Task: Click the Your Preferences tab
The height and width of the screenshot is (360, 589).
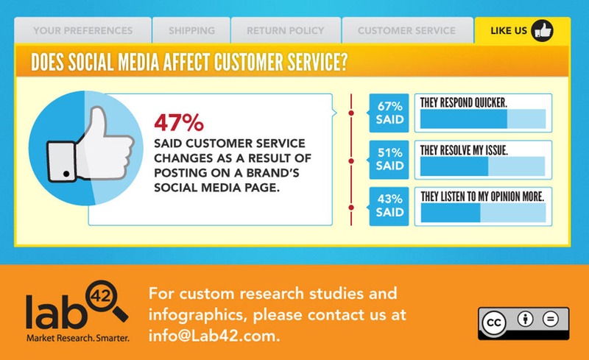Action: pyautogui.click(x=82, y=30)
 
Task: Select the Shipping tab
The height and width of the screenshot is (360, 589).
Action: pyautogui.click(x=191, y=30)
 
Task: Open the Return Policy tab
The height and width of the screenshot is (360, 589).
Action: pyautogui.click(x=286, y=30)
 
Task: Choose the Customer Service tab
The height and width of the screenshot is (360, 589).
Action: pyautogui.click(x=407, y=30)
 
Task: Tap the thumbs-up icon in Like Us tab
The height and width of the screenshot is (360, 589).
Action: pyautogui.click(x=542, y=30)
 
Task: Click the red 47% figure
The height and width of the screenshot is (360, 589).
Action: pyautogui.click(x=179, y=122)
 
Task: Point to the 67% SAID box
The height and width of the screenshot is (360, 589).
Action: pyautogui.click(x=389, y=113)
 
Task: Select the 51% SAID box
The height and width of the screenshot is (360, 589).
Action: pyautogui.click(x=389, y=159)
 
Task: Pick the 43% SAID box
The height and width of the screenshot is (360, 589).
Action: pyautogui.click(x=389, y=206)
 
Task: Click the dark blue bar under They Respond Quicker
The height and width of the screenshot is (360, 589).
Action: pyautogui.click(x=464, y=119)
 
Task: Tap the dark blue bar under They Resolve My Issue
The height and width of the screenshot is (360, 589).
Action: pyautogui.click(x=454, y=166)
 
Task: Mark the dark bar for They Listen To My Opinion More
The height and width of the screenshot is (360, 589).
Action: pyautogui.click(x=451, y=213)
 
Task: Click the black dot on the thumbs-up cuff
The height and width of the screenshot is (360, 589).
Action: pyautogui.click(x=66, y=174)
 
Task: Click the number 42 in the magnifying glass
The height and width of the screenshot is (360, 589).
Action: pyautogui.click(x=101, y=297)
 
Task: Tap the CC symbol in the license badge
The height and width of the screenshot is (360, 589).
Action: pyautogui.click(x=493, y=322)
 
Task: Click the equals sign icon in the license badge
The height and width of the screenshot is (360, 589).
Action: pyautogui.click(x=550, y=319)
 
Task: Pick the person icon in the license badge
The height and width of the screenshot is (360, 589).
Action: pyautogui.click(x=525, y=319)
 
